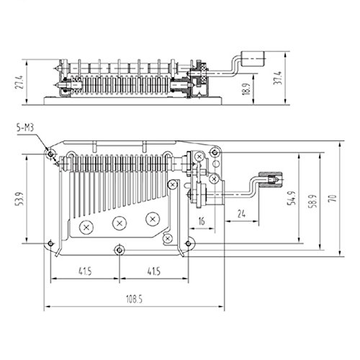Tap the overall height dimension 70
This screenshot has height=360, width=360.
pos(332,198)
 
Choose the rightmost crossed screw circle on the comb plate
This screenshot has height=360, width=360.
pos(153,217)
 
